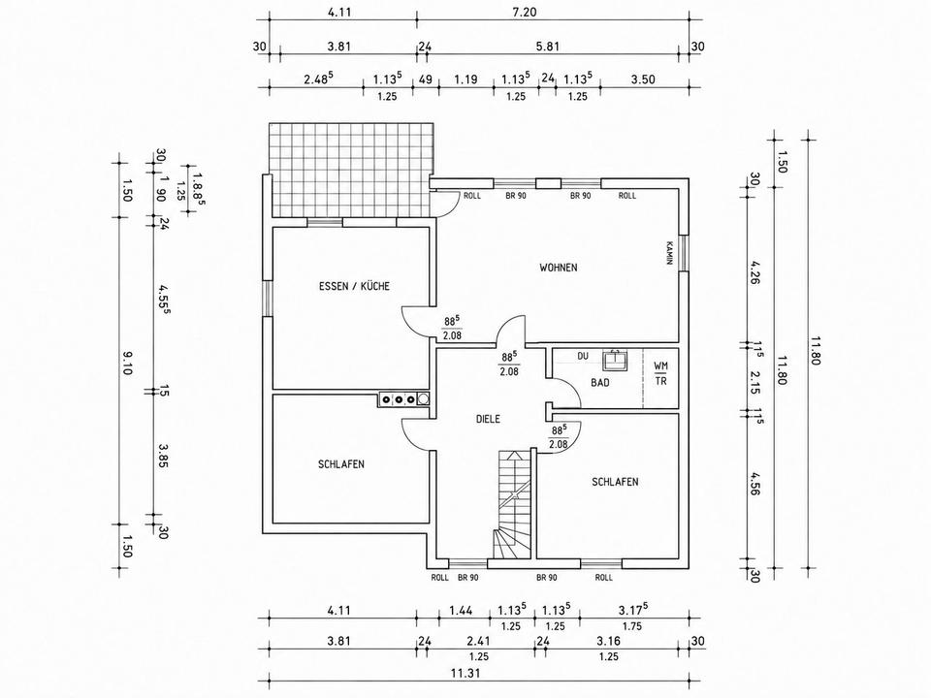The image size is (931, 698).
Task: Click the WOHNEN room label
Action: tap(559, 268)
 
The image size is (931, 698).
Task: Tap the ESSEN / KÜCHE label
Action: tap(355, 286)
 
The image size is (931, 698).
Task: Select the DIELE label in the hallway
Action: tap(488, 419)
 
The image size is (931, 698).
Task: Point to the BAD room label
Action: tap(599, 383)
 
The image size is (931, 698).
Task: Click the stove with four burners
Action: tap(403, 399)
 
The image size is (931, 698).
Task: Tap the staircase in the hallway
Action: tap(511, 504)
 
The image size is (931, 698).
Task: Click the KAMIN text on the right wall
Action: tap(670, 253)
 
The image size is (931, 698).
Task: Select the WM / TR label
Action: tap(660, 373)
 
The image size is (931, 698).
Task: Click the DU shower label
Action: tap(583, 356)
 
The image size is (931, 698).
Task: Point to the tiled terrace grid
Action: tap(350, 171)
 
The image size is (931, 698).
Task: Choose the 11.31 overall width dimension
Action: tap(465, 673)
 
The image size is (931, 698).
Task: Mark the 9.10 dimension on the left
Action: tap(128, 364)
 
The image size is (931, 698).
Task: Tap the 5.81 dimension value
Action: tap(546, 47)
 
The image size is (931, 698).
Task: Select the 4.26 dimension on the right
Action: tap(754, 272)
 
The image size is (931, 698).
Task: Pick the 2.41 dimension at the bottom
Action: tap(478, 641)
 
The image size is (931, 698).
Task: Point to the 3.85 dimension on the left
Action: tap(163, 455)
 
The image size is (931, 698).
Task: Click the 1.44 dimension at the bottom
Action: tap(460, 610)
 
